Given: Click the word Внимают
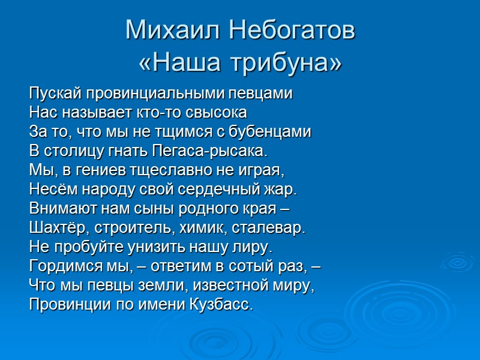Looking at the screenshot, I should click(58, 209).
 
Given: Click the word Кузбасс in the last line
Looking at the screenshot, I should click(224, 304).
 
